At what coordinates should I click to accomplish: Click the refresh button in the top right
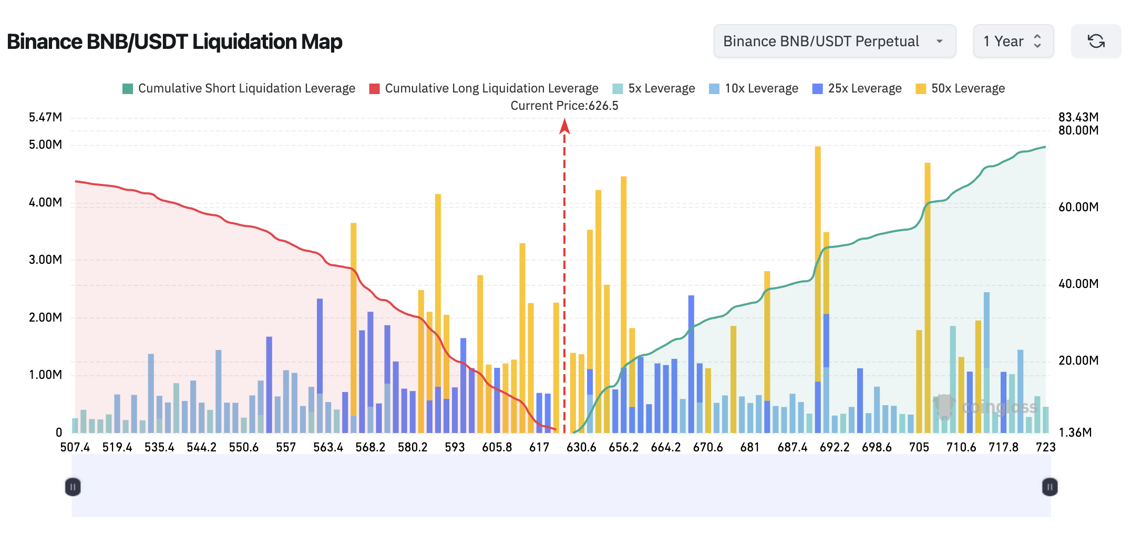point(1096,41)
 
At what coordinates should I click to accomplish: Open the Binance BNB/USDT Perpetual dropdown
point(834,41)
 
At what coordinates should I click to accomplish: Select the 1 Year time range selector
point(1013,41)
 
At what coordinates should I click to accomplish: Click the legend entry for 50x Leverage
point(960,88)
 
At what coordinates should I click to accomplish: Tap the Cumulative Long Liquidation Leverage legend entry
point(483,88)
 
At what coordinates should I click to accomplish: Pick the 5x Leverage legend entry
point(654,88)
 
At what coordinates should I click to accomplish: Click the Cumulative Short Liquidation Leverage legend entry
point(239,88)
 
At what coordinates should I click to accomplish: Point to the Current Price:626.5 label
point(564,106)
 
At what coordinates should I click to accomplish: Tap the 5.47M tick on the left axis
point(45,117)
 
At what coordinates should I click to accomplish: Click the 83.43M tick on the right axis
point(1078,117)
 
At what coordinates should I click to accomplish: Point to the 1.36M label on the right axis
point(1075,432)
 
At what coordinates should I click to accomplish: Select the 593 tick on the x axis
point(455,447)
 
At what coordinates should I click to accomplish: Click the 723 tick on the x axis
point(1045,447)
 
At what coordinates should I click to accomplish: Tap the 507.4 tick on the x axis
point(75,447)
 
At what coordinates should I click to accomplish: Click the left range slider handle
point(73,487)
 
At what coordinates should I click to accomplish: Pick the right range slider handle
point(1049,487)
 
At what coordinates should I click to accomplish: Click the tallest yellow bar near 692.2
point(818,263)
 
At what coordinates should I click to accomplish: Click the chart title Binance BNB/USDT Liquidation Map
point(174,42)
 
